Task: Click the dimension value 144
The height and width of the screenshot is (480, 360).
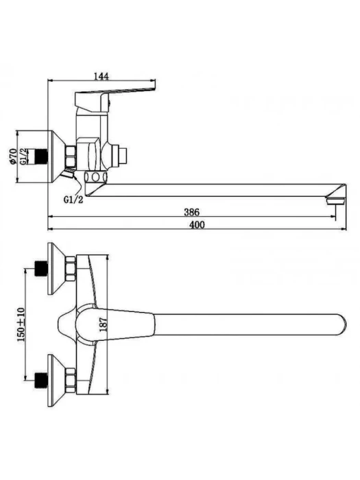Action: point(101,76)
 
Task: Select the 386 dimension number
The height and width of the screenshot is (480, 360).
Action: point(191,212)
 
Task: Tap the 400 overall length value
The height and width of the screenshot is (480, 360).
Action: point(197,225)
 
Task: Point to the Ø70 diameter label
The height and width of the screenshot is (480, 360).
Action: point(13,156)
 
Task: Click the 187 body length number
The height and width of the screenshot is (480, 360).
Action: point(104,324)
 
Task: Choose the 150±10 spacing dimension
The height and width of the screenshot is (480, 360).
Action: point(21,324)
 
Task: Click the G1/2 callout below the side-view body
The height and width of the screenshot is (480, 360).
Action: point(73,200)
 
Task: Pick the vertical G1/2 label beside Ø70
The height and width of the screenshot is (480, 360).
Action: point(23,156)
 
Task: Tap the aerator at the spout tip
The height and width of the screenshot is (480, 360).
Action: point(335,201)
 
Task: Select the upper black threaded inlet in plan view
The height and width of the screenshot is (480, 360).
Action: point(42,269)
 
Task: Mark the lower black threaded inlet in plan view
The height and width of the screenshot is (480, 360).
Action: point(42,381)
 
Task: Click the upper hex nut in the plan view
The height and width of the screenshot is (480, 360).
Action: point(71,269)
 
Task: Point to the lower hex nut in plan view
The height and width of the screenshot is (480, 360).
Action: point(71,381)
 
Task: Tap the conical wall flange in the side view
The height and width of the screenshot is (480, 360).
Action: point(56,157)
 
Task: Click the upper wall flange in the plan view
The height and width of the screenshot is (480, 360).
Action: point(56,269)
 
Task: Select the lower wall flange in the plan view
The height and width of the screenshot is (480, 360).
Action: point(56,381)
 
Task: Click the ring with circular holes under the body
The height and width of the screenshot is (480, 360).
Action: point(96,177)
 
